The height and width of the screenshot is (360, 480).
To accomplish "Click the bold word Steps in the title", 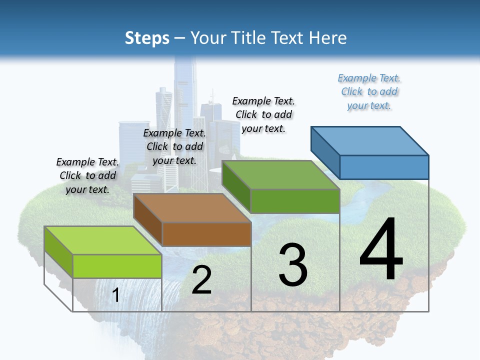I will point(147,38).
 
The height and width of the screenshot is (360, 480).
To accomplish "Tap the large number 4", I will point(381,250).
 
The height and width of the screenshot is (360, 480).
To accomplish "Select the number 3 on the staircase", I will point(293,265).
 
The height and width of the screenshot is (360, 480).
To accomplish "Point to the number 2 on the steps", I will point(201,280).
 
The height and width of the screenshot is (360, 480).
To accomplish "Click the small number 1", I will point(116,295).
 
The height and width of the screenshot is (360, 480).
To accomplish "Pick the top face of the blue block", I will point(370,140).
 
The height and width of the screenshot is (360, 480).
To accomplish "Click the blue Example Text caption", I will point(369,92).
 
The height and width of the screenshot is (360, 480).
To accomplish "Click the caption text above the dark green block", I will point(263,114).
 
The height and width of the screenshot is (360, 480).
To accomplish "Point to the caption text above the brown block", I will point(174,146).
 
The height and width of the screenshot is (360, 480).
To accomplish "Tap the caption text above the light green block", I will point(87,175).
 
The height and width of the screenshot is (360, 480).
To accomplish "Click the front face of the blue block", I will point(384,167).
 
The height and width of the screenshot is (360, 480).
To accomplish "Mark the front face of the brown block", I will point(206,234).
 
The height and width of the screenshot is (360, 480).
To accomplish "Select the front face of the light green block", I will point(117,266).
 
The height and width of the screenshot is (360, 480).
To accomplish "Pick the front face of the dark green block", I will point(295,201).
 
